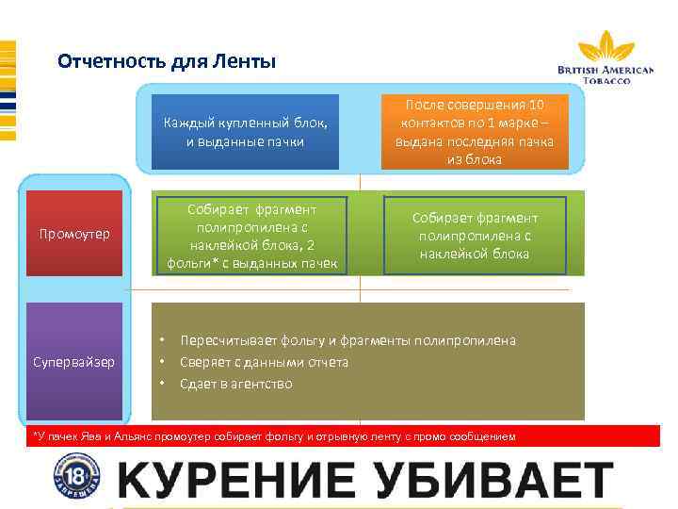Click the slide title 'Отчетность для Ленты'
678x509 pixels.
[167, 63]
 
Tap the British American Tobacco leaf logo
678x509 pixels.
[606, 47]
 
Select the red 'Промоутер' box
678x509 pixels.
[74, 233]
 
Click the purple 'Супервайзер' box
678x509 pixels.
[74, 361]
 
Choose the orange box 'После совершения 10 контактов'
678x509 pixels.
[475, 132]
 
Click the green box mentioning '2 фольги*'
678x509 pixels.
[251, 235]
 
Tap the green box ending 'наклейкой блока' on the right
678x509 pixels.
[475, 235]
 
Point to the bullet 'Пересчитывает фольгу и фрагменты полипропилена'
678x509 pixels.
[347, 340]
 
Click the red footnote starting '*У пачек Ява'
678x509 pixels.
[273, 436]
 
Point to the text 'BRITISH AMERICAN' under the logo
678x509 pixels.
[605, 70]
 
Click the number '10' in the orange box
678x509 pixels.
[537, 103]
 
